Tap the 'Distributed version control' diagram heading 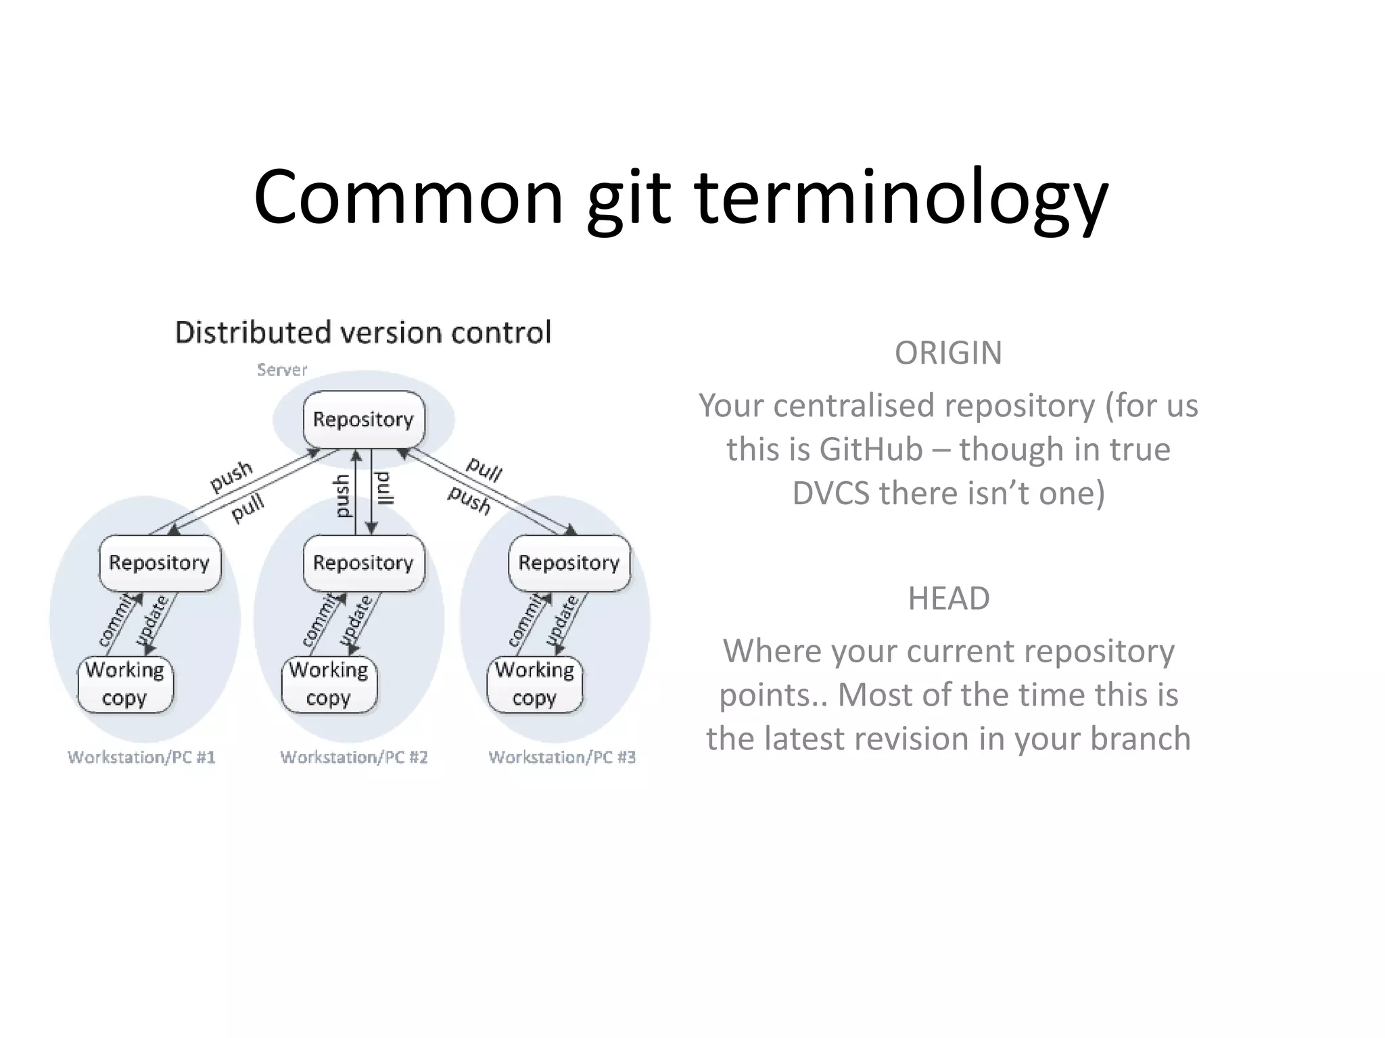pyautogui.click(x=363, y=332)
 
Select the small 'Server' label pyautogui.click(x=282, y=370)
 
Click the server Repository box pyautogui.click(x=363, y=420)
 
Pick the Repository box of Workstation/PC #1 pyautogui.click(x=160, y=563)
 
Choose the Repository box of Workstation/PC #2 pyautogui.click(x=363, y=563)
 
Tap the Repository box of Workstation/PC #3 pyautogui.click(x=569, y=563)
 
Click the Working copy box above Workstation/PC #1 pyautogui.click(x=125, y=684)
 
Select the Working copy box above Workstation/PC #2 pyautogui.click(x=329, y=684)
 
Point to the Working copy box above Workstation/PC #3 pyautogui.click(x=534, y=684)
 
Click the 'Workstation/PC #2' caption pyautogui.click(x=354, y=757)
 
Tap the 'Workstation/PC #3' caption pyautogui.click(x=562, y=757)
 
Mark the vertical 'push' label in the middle pyautogui.click(x=343, y=495)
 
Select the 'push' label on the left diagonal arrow pyautogui.click(x=231, y=476)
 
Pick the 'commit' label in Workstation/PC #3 pyautogui.click(x=527, y=620)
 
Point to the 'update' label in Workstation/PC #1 pyautogui.click(x=151, y=620)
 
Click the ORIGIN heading pyautogui.click(x=948, y=353)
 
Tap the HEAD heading pyautogui.click(x=948, y=598)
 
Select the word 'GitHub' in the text pyautogui.click(x=871, y=449)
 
